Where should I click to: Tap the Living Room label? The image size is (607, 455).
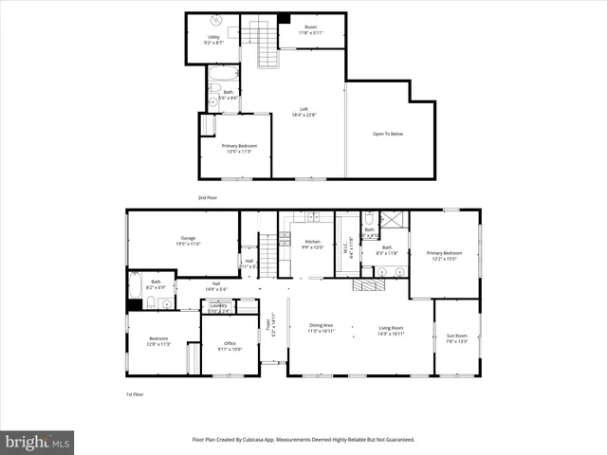(x=392, y=328)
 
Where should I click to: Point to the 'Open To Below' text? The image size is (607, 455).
(x=388, y=134)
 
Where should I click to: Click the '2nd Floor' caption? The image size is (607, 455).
(x=208, y=197)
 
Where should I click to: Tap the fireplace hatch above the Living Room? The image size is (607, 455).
(x=365, y=284)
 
